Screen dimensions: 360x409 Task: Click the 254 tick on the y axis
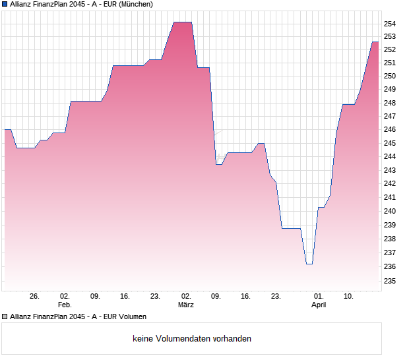[389, 23]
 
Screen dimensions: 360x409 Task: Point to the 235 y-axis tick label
[389, 281]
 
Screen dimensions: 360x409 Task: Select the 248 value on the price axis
[389, 103]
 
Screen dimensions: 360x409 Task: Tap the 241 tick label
[389, 197]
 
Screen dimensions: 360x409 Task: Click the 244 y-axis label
[389, 156]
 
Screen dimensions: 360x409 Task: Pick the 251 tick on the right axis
[389, 63]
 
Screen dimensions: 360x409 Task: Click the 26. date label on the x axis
[35, 296]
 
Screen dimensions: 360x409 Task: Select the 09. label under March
[216, 296]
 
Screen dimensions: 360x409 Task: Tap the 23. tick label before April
[276, 296]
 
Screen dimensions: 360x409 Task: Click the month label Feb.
[65, 305]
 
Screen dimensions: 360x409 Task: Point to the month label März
[186, 305]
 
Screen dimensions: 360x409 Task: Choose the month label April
[319, 305]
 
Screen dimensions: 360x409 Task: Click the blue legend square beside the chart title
[5, 4]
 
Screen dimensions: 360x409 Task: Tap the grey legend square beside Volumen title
[5, 316]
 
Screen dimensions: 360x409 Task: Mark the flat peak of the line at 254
[183, 22]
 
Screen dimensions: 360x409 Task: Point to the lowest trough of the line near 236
[309, 264]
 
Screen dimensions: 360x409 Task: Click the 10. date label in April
[349, 296]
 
